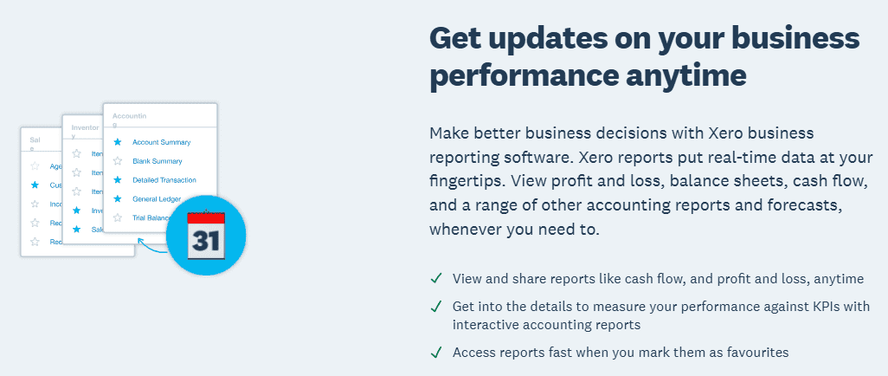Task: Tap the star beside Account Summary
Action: click(x=118, y=142)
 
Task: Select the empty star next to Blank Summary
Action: click(x=118, y=161)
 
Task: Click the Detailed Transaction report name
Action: click(x=164, y=180)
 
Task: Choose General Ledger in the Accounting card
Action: click(x=157, y=199)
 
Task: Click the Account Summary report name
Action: click(x=161, y=142)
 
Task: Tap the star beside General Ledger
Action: click(x=118, y=199)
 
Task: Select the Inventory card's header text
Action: click(x=85, y=131)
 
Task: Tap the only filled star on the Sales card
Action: click(x=35, y=185)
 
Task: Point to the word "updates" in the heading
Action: click(x=574, y=37)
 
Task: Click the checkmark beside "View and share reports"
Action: click(x=436, y=279)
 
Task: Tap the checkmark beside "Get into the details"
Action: click(x=436, y=307)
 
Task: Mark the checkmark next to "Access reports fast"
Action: click(x=436, y=353)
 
